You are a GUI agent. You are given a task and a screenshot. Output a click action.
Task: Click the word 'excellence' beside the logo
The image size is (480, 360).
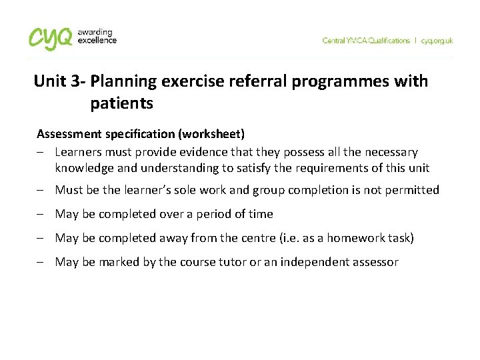(97, 40)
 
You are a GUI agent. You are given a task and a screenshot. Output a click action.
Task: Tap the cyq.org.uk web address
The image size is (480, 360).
(437, 41)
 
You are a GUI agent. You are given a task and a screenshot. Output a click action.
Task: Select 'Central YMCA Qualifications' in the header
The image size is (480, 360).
(366, 41)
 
